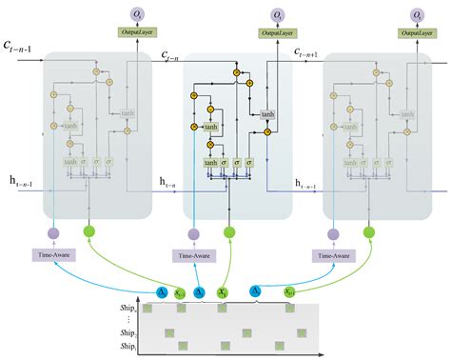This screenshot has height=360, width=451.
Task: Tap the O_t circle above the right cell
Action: (x=417, y=14)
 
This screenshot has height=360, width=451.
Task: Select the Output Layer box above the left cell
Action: (x=135, y=33)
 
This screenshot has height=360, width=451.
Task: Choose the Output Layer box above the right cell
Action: (x=417, y=33)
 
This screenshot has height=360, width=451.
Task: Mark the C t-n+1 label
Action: (x=311, y=52)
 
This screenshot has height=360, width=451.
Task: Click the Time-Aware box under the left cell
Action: (x=53, y=255)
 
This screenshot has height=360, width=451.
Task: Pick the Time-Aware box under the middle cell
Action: (x=193, y=255)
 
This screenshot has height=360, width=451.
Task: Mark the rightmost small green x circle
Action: (x=289, y=292)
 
